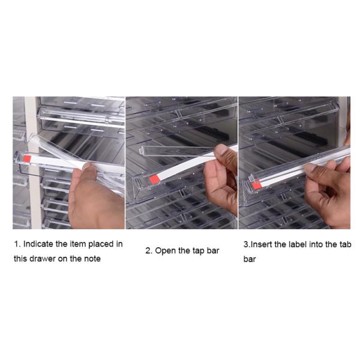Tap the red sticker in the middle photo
click(154, 179)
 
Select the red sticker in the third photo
click(257, 185)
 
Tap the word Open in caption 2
click(165, 251)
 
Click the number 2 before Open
click(148, 251)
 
